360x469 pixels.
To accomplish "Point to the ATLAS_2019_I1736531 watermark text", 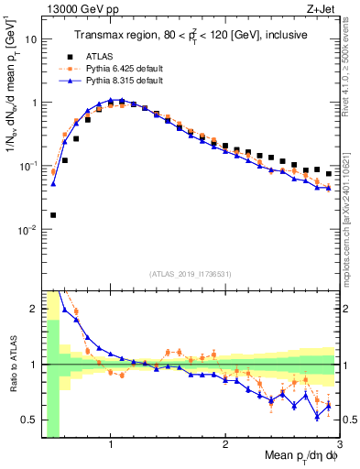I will click(x=191, y=274).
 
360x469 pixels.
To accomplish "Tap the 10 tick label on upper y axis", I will click(x=31, y=39).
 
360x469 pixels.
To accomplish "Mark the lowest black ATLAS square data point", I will click(x=53, y=215).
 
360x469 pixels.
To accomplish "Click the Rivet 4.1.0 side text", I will click(x=351, y=73).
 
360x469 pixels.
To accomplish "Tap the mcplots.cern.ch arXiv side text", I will click(x=351, y=211).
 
